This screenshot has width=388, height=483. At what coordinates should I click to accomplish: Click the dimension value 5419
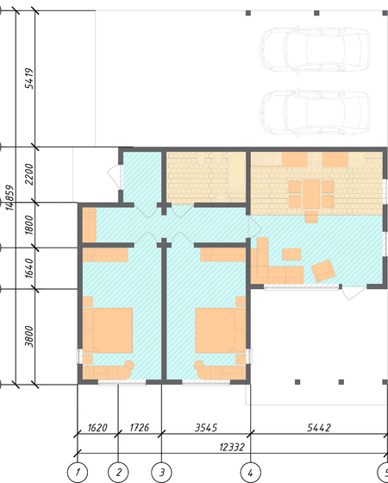click(x=29, y=78)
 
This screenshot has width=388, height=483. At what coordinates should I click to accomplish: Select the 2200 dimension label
click(x=29, y=174)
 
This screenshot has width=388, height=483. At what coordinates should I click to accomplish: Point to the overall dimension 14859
click(x=9, y=198)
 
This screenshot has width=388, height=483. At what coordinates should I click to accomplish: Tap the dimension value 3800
click(x=29, y=336)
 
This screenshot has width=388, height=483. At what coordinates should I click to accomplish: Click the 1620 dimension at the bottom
click(x=97, y=428)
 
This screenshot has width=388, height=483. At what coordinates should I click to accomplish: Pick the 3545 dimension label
click(x=206, y=428)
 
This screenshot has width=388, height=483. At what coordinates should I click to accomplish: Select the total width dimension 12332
click(x=232, y=447)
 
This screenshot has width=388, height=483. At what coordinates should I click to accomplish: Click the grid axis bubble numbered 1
click(x=78, y=473)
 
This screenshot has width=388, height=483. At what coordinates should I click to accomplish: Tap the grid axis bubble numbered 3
click(x=162, y=473)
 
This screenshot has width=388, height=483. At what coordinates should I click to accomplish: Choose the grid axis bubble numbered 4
click(x=250, y=473)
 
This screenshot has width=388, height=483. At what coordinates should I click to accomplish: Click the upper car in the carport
click(x=315, y=50)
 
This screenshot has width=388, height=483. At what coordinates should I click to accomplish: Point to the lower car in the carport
click(x=315, y=113)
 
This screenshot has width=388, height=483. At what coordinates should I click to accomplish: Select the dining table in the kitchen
click(x=311, y=194)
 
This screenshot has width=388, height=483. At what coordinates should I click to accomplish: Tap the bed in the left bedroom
click(x=108, y=330)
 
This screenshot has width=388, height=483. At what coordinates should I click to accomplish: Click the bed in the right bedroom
click(x=221, y=330)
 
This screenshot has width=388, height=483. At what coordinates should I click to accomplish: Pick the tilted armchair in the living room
click(x=323, y=271)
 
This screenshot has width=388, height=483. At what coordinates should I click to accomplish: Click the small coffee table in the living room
click(x=291, y=254)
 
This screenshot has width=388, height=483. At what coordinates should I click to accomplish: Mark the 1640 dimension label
click(x=29, y=268)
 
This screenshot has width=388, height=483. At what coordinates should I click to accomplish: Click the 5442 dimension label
click(x=319, y=428)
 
